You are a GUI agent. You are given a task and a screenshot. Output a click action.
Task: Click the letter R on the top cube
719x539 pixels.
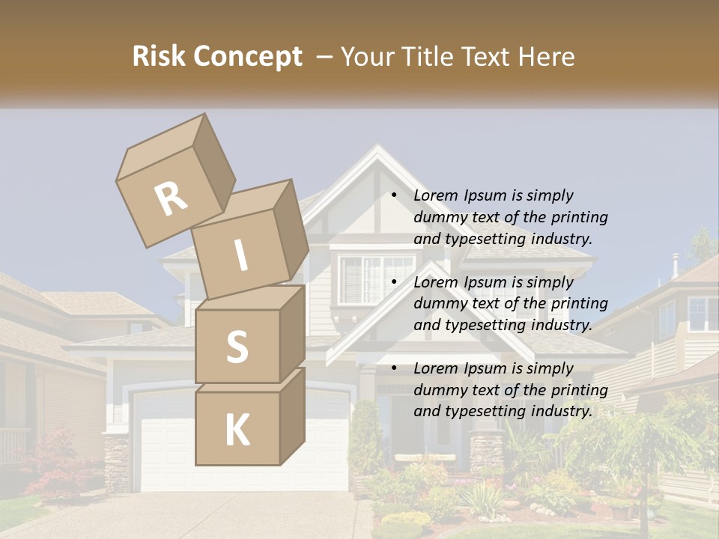[x=171, y=199]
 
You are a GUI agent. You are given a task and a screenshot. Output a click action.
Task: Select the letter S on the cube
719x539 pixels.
[x=237, y=347]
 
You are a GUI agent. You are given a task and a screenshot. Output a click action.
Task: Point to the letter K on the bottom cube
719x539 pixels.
[x=237, y=430]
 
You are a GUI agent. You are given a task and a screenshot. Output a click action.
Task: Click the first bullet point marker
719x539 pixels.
[x=394, y=195]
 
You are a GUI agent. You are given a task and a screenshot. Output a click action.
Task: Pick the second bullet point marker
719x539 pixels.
[x=394, y=282]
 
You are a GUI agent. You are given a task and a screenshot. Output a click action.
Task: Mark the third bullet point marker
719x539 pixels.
[x=394, y=368]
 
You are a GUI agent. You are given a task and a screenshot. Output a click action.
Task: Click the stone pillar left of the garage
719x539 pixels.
[x=116, y=460]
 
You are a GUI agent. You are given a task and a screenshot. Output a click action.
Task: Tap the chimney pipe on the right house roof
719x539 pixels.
[x=675, y=265]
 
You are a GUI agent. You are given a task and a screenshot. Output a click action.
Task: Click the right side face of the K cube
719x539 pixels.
[x=292, y=415]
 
